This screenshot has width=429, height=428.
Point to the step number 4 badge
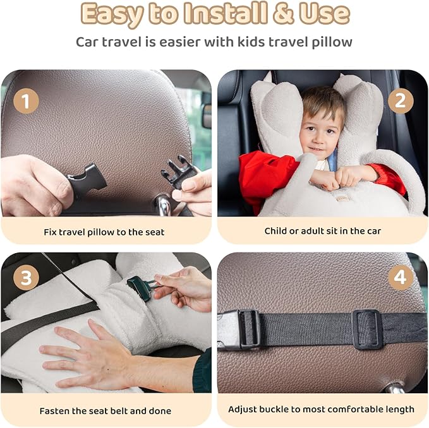tap(401, 278)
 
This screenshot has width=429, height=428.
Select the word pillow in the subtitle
tap(330, 42)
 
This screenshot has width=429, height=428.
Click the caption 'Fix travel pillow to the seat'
tap(104, 232)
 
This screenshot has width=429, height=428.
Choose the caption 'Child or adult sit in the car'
tap(322, 231)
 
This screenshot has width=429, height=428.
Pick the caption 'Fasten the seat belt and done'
tap(106, 411)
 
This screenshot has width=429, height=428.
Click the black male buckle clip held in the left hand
tap(85, 182)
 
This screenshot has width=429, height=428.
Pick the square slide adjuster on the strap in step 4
tap(366, 329)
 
